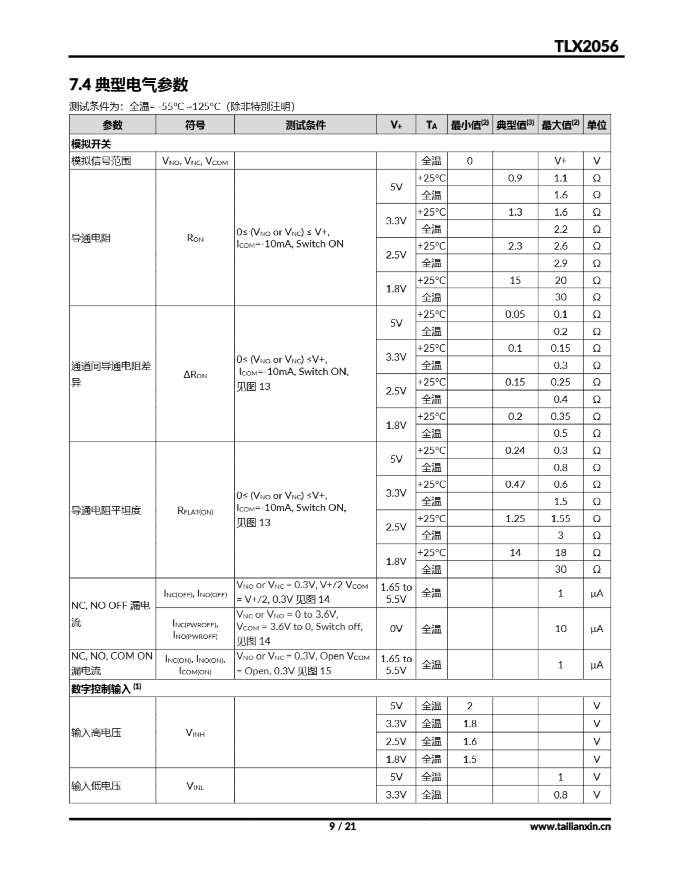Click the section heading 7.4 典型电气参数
129,85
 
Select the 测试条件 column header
305,125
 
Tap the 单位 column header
596,125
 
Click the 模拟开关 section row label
91,144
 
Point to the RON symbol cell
195,238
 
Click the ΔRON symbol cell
195,374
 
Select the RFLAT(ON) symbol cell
195,511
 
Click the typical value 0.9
515,178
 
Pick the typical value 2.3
515,246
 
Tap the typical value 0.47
515,484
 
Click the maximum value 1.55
560,519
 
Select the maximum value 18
560,552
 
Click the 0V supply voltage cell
396,629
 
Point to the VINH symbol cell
195,733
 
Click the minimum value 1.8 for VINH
470,724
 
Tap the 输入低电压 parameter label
96,786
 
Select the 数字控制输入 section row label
106,689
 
